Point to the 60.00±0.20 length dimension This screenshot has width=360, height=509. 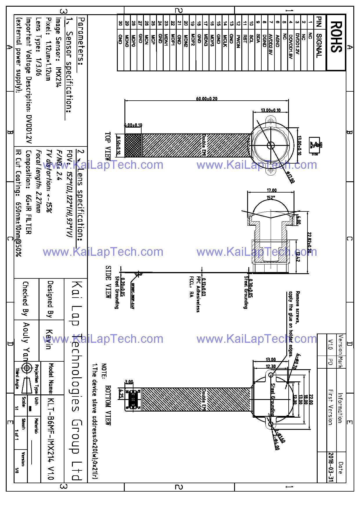point(207,99)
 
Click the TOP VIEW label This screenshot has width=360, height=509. point(108,146)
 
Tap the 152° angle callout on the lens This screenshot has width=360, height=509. point(270,198)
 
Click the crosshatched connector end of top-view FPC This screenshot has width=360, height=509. point(133,145)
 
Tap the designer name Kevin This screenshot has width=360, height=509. point(49,339)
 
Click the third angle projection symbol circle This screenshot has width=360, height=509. point(27,368)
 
